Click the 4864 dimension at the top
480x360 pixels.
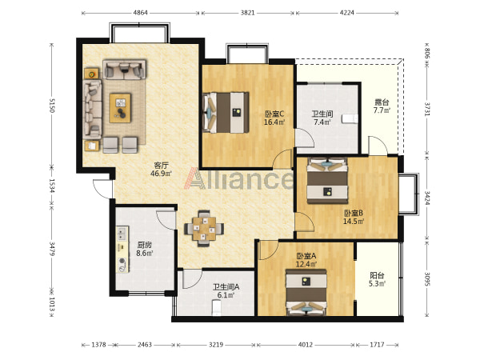pos(141,13)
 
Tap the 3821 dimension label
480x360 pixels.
pos(248,13)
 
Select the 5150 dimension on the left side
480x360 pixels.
pos(51,106)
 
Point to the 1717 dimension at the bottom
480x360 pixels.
pos(377,345)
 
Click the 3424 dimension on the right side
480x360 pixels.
pos(427,198)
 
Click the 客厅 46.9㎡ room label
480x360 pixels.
pos(161,170)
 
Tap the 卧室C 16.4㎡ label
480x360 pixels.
pos(274,118)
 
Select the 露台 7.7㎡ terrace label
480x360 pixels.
pos(382,106)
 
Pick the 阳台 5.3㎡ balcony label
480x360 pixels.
pos(377,279)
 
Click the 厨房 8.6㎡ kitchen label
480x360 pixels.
pos(145,249)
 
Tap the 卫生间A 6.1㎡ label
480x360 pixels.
pos(226,291)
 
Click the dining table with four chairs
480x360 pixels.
pos(204,228)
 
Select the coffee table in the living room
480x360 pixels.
pos(120,108)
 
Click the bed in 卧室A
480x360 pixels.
pos(306,292)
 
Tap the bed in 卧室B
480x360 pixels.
pos(327,181)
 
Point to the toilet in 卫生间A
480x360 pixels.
pos(217,307)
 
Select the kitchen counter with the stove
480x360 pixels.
pos(122,250)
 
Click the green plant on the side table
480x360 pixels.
pos(91,74)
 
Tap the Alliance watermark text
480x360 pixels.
pos(238,178)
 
